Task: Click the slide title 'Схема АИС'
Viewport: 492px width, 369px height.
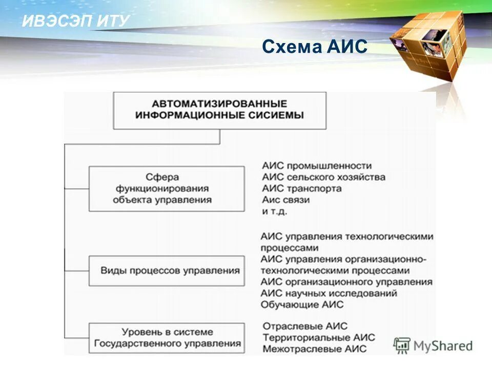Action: [315, 47]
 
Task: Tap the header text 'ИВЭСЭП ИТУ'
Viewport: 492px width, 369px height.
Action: [76, 21]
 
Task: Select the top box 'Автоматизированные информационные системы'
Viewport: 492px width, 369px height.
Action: [219, 110]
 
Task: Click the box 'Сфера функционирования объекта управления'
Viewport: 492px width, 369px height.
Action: [166, 189]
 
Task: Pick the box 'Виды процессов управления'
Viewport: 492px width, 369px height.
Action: [166, 270]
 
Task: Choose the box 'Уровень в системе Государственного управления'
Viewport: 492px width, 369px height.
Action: [166, 337]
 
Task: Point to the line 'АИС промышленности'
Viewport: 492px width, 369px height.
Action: [316, 166]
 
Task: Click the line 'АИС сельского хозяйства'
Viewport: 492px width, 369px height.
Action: [323, 177]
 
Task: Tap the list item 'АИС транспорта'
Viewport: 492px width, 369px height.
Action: [301, 189]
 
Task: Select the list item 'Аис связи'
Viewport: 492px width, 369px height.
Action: [285, 200]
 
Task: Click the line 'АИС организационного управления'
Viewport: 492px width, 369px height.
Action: [346, 282]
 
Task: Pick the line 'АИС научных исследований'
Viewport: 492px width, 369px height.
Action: [329, 293]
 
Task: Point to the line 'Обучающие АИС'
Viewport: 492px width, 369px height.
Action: [302, 304]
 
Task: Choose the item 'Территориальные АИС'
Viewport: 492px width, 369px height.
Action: [318, 338]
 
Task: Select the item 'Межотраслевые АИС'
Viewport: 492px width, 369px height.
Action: [314, 349]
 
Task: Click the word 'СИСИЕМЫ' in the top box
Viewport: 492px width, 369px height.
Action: [278, 115]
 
